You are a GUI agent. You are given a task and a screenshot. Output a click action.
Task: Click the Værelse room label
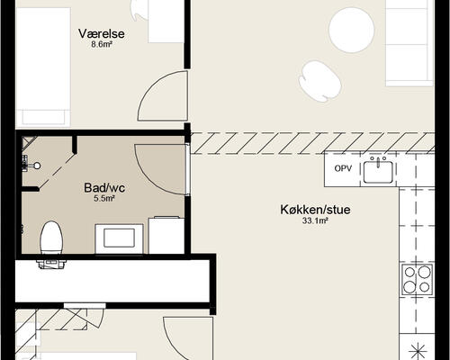[x=102, y=33]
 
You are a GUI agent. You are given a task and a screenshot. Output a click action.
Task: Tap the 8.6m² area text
[x=102, y=45]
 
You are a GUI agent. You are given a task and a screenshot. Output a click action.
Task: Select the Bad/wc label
[x=104, y=188]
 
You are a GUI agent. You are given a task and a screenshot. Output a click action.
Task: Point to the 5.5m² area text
[x=104, y=199]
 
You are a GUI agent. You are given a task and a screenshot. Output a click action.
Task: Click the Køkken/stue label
[x=315, y=210]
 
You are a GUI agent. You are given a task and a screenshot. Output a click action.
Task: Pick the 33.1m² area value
[x=315, y=221]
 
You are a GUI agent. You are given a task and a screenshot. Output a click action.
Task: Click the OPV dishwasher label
[x=343, y=168]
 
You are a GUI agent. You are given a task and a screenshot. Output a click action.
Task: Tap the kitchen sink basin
[x=378, y=172]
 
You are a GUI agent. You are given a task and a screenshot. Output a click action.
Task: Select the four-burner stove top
[x=417, y=280]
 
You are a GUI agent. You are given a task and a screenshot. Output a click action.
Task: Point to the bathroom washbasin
[x=119, y=238]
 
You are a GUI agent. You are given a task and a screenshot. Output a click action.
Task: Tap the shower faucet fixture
[x=30, y=165]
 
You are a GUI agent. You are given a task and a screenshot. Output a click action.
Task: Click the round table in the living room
[x=352, y=31]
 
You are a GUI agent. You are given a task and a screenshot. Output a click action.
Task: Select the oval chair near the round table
[x=320, y=81]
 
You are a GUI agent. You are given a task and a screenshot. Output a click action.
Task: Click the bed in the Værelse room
[x=43, y=67]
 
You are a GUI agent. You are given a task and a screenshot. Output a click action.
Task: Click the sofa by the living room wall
[x=409, y=42]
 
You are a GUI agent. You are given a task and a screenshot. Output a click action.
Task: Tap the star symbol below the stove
[x=418, y=351]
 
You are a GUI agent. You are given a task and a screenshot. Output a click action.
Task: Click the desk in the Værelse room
[x=166, y=22]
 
